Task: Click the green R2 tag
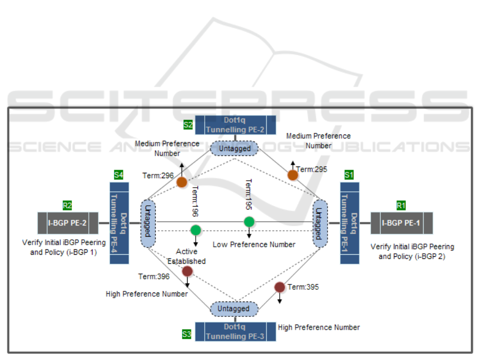pos(68,205)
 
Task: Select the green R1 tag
pos(401,205)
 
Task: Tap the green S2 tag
pos(188,125)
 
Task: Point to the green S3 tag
pos(187,334)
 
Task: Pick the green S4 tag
pos(119,174)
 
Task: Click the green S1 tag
pos(349,174)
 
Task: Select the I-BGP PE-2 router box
pos(68,223)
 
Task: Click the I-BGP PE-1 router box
pos(401,223)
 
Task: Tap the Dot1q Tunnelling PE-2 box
pos(235,125)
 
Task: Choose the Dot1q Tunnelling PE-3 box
pos(235,331)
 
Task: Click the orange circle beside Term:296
pos(182,182)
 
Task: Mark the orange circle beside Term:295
pos(292,175)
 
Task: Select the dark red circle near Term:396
pos(187,271)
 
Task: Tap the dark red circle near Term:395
pos(280,287)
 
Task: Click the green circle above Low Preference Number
pos(249,222)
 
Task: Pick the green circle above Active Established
pos(196,230)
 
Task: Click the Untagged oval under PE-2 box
pos(234,148)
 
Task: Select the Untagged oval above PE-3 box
pos(234,308)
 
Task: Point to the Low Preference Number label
pos(254,245)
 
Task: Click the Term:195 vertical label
pos(248,195)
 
